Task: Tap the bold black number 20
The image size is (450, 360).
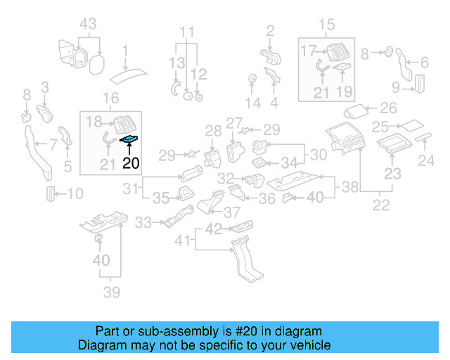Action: point(131,164)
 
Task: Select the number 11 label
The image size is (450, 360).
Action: point(186,32)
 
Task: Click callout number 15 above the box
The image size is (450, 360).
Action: point(327,26)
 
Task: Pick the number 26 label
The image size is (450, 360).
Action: point(388,109)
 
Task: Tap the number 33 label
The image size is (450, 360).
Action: point(143,223)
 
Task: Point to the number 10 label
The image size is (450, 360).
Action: point(75,193)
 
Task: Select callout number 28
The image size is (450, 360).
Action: point(213,130)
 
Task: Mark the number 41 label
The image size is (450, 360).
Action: point(183,240)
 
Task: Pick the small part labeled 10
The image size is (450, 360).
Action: point(51,193)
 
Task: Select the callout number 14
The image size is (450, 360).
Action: point(252,103)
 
